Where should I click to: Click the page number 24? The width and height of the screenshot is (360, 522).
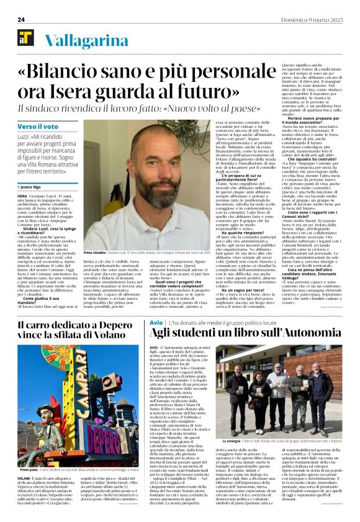click(20, 20)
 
